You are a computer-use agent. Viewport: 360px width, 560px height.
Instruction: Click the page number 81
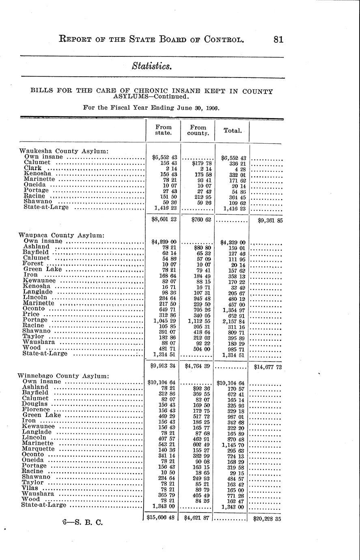point(278,39)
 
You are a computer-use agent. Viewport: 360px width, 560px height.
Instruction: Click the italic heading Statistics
point(152,67)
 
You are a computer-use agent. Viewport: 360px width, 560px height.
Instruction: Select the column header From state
point(163,130)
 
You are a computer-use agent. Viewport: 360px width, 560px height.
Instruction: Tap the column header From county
point(198,130)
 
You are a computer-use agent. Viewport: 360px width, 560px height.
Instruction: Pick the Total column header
point(233,131)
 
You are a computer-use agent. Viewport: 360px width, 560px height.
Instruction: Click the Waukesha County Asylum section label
point(64,151)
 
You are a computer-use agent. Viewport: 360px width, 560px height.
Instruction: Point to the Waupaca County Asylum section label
point(61,235)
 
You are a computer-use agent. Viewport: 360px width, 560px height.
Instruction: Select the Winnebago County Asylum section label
point(64,376)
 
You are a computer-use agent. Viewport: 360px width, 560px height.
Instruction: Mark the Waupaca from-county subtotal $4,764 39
point(198,366)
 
